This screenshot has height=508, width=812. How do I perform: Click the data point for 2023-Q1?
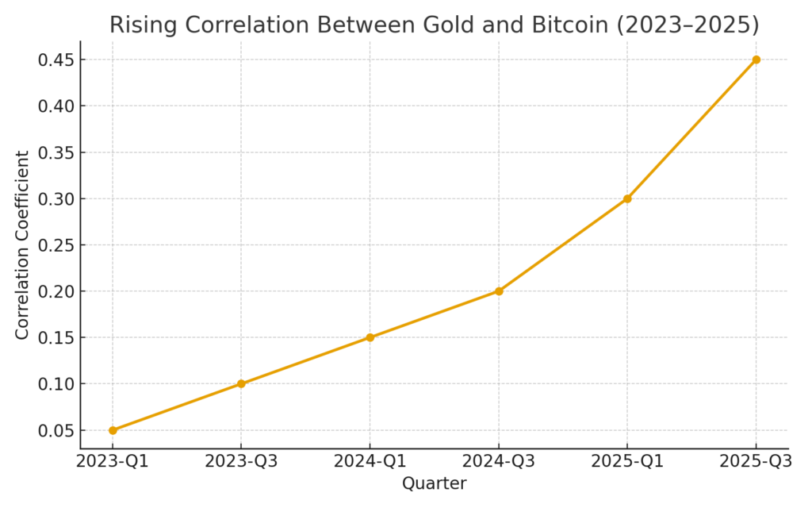pyautogui.click(x=113, y=430)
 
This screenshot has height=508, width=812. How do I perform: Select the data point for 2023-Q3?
pyautogui.click(x=241, y=383)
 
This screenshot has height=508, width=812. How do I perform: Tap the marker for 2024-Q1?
pyautogui.click(x=370, y=337)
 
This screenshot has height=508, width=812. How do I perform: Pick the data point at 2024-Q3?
pyautogui.click(x=499, y=291)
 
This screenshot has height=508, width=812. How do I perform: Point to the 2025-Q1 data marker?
pyautogui.click(x=627, y=198)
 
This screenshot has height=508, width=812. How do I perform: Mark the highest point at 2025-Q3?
pyautogui.click(x=756, y=60)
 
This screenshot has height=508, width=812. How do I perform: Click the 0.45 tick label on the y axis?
pyautogui.click(x=56, y=60)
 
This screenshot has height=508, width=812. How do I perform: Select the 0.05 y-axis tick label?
pyautogui.click(x=56, y=430)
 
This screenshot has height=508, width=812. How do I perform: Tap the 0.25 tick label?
pyautogui.click(x=56, y=244)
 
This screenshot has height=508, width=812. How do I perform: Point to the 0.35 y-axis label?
pyautogui.click(x=56, y=152)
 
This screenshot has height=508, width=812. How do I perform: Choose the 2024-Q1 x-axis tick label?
pyautogui.click(x=370, y=461)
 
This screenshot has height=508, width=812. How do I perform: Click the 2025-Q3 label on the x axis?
pyautogui.click(x=756, y=461)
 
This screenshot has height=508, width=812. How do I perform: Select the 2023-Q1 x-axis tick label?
pyautogui.click(x=113, y=461)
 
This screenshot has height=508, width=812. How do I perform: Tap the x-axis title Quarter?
pyautogui.click(x=434, y=483)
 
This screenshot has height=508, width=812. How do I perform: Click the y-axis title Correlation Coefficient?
pyautogui.click(x=22, y=244)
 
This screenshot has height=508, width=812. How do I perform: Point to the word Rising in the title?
pyautogui.click(x=139, y=25)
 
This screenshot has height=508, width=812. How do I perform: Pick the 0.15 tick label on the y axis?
pyautogui.click(x=56, y=337)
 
